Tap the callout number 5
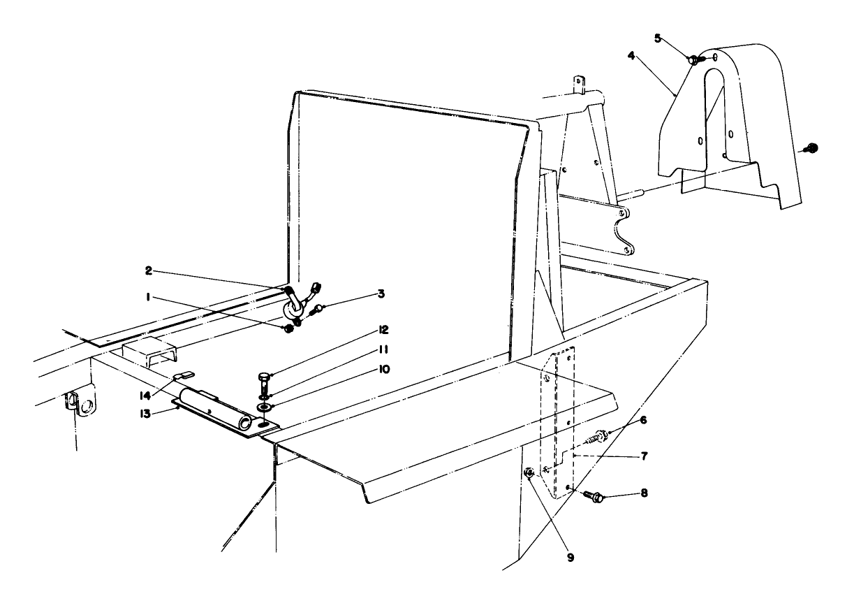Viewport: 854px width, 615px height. click(658, 38)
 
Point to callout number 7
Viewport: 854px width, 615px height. click(643, 456)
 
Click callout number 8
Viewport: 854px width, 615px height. click(643, 493)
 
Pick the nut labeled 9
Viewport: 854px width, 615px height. click(531, 473)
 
